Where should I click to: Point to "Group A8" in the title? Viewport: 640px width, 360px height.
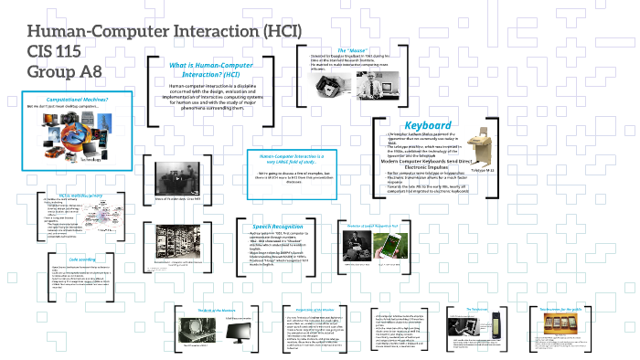coord(63,70)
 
